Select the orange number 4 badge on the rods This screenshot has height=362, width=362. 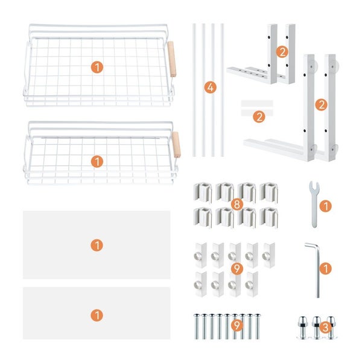pos(209,88)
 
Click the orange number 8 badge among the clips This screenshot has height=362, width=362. pos(237,205)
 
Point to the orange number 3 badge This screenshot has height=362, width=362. pos(325,328)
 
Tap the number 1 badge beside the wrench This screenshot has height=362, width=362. pos(325,206)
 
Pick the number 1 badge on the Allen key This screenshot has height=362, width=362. pos(325,268)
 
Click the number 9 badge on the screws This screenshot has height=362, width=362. pos(237,326)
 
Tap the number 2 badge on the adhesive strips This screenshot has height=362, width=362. pos(259,116)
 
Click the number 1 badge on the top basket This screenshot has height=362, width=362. pos(97,67)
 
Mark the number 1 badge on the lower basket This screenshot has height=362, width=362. pos(97,161)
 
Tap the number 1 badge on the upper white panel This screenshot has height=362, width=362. pos(97,245)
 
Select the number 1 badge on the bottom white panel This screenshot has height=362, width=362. pos(97,314)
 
